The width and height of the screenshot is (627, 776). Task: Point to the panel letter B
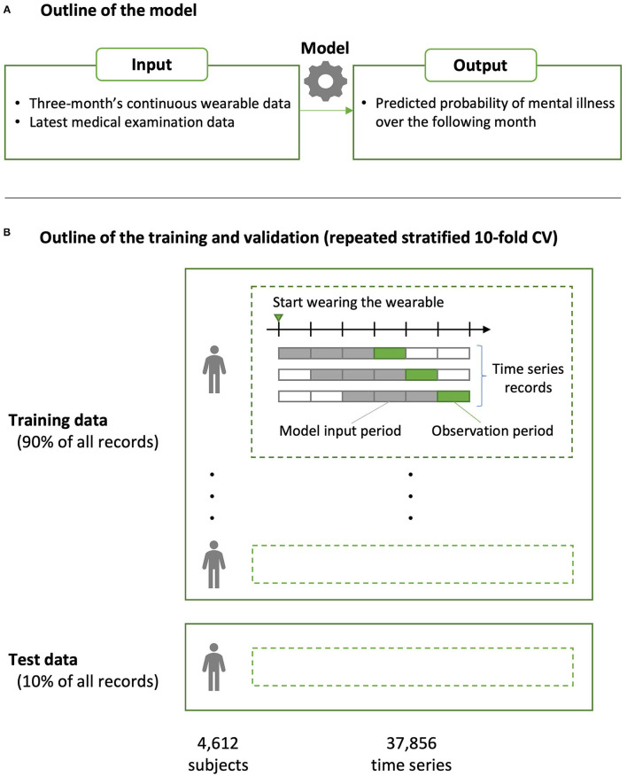point(8,233)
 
